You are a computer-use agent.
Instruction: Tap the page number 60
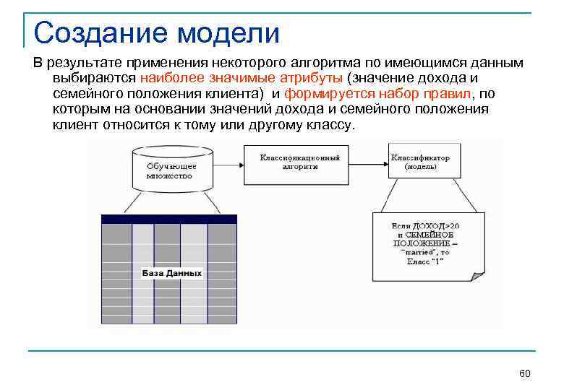(525, 373)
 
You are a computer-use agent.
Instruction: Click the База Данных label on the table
(171, 274)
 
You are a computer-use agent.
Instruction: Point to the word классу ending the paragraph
(332, 124)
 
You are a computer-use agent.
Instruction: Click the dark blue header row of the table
(169, 219)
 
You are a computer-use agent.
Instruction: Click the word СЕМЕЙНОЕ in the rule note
(431, 235)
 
